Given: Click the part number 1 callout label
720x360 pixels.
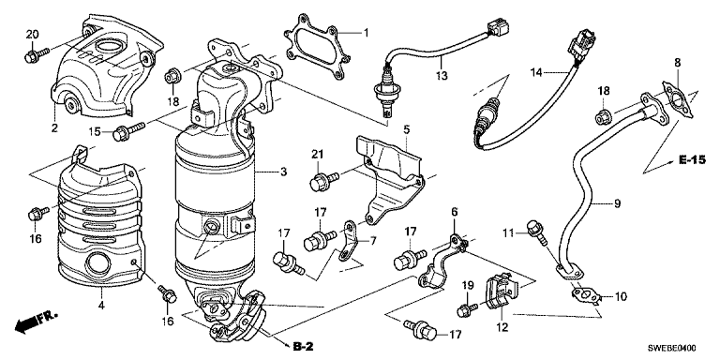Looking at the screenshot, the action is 366,33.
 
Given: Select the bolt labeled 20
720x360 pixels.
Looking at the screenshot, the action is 37,55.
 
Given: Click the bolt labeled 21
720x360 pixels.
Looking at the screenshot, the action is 324,180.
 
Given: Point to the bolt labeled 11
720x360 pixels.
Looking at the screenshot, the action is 537,232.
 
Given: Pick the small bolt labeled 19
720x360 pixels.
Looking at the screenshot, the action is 469,309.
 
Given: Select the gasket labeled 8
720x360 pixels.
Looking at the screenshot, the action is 675,97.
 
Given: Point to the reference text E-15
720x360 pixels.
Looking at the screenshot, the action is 693,160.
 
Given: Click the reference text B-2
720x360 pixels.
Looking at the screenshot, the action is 303,347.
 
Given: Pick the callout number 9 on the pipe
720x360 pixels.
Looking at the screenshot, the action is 616,202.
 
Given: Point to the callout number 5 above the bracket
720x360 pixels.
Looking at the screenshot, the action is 406,130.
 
